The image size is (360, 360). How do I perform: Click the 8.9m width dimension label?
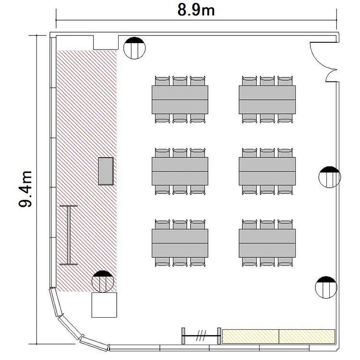[196, 11]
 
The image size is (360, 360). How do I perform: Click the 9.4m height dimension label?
[25, 189]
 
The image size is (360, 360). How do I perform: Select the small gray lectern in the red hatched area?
[106, 171]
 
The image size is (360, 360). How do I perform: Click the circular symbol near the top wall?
[134, 48]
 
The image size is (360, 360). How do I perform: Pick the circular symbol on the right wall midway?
[330, 177]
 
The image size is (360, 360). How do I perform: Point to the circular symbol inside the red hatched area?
[103, 281]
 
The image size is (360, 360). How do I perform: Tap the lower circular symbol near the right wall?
[326, 287]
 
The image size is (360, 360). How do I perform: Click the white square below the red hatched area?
[104, 305]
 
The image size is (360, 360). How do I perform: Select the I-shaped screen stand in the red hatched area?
[69, 235]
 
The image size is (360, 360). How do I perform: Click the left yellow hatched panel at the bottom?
[251, 336]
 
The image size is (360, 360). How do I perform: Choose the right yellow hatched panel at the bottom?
[307, 336]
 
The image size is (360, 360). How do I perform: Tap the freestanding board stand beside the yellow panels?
[201, 336]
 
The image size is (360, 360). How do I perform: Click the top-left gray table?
[180, 100]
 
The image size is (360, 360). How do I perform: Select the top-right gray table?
[267, 100]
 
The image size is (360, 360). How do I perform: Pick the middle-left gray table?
[180, 171]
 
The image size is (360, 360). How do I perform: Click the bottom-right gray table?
[267, 243]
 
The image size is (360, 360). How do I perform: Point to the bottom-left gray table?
[180, 243]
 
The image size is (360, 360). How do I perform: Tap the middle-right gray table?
[267, 171]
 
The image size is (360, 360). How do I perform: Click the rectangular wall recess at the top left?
[106, 42]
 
